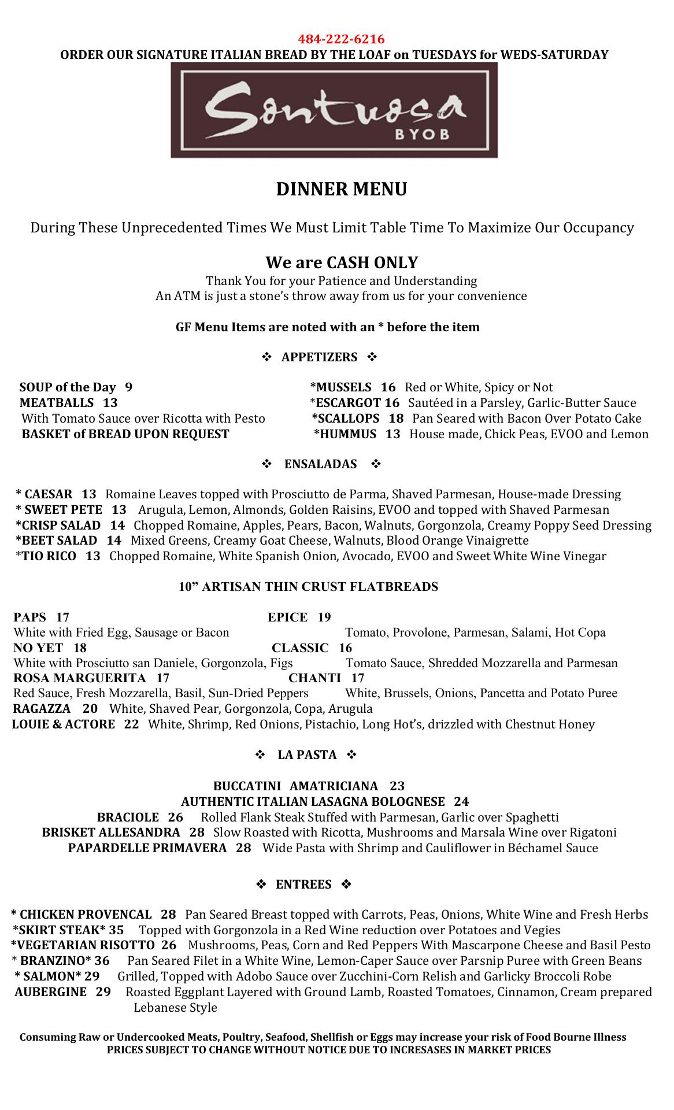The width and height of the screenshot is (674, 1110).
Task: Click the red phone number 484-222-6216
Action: (341, 39)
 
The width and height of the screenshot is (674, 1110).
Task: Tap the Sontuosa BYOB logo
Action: (334, 110)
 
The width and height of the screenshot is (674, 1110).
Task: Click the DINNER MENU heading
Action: (341, 190)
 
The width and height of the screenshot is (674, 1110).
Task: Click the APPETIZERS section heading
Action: (319, 357)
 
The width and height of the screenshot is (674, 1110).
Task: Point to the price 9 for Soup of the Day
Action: (128, 387)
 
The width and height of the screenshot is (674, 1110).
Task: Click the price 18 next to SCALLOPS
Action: (396, 419)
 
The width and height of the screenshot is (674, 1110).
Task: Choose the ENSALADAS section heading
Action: (320, 464)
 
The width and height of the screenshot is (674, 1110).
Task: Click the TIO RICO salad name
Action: (49, 556)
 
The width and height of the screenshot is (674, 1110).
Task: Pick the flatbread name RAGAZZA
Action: (42, 709)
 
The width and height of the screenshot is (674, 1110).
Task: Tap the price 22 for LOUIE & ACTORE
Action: (132, 724)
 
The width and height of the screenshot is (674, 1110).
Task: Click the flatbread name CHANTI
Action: (314, 678)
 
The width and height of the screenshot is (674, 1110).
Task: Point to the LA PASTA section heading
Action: (307, 755)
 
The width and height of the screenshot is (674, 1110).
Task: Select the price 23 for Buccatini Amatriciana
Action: (397, 786)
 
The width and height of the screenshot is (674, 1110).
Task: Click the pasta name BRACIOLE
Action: (128, 817)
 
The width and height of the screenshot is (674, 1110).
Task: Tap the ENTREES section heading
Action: (303, 885)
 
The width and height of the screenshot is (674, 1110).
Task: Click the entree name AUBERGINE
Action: (50, 992)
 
